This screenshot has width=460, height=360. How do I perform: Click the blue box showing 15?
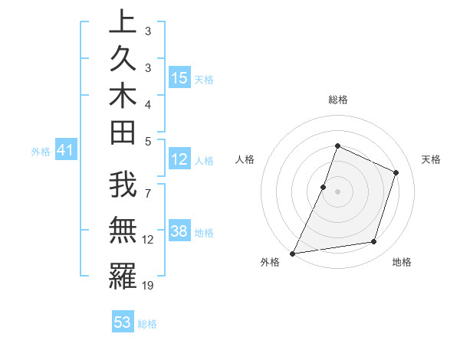tap(179, 77)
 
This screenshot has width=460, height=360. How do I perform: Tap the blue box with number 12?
tap(179, 159)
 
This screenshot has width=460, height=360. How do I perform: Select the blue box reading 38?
tap(179, 231)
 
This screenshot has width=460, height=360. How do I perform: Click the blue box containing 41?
tap(65, 151)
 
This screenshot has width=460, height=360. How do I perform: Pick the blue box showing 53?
tap(123, 322)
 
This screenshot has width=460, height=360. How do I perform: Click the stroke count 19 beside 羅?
tap(148, 285)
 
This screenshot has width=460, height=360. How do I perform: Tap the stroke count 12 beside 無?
tap(148, 240)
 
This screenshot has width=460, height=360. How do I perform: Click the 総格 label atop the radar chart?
tap(337, 100)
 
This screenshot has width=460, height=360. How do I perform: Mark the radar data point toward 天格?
tap(396, 172)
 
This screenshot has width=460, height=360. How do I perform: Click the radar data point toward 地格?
tap(374, 242)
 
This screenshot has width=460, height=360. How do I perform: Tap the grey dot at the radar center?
tap(337, 191)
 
